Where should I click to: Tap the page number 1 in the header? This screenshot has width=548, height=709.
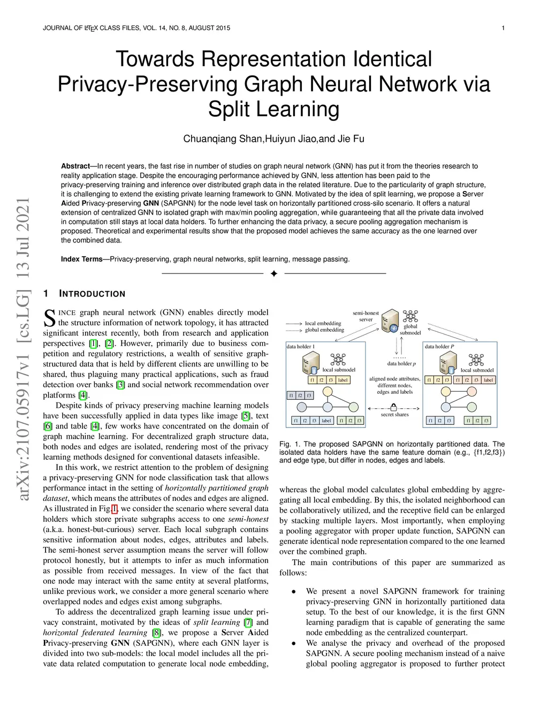point(503,28)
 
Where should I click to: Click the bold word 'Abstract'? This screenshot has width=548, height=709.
point(75,166)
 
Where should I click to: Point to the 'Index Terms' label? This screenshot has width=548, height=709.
point(81,259)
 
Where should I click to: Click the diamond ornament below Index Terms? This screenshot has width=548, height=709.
point(274,274)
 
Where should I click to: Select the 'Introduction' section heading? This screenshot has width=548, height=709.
point(92,294)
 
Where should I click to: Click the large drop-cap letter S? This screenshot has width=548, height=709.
point(49,318)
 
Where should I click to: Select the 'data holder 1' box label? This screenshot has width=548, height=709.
point(301,347)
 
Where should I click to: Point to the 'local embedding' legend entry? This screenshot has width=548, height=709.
point(323,323)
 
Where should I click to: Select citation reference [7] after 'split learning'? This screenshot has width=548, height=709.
point(248,622)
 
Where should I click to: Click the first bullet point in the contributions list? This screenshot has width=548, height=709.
point(294,592)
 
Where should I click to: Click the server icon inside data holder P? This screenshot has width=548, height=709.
point(448,363)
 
